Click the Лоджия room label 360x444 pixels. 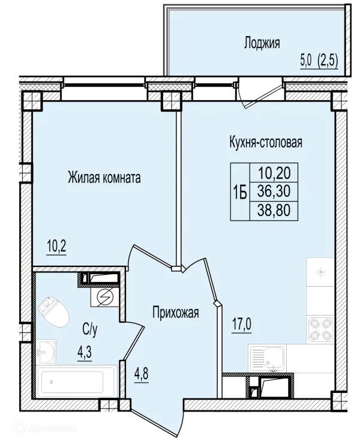(262, 44)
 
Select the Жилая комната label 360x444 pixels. (104, 178)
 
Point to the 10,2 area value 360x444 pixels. (56, 247)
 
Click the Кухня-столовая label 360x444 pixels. (265, 142)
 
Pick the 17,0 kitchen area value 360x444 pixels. (242, 325)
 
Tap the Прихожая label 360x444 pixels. (176, 313)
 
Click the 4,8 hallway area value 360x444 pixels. (142, 374)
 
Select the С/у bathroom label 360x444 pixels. (90, 329)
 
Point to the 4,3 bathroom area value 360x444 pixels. (84, 353)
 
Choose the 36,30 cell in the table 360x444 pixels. (274, 191)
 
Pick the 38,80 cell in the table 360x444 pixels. (274, 211)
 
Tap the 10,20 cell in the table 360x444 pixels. (274, 172)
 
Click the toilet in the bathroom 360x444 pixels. (54, 312)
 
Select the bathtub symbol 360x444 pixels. (76, 382)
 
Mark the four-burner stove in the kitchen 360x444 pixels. (320, 329)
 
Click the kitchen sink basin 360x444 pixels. (273, 358)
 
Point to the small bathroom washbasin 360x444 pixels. (46, 351)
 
